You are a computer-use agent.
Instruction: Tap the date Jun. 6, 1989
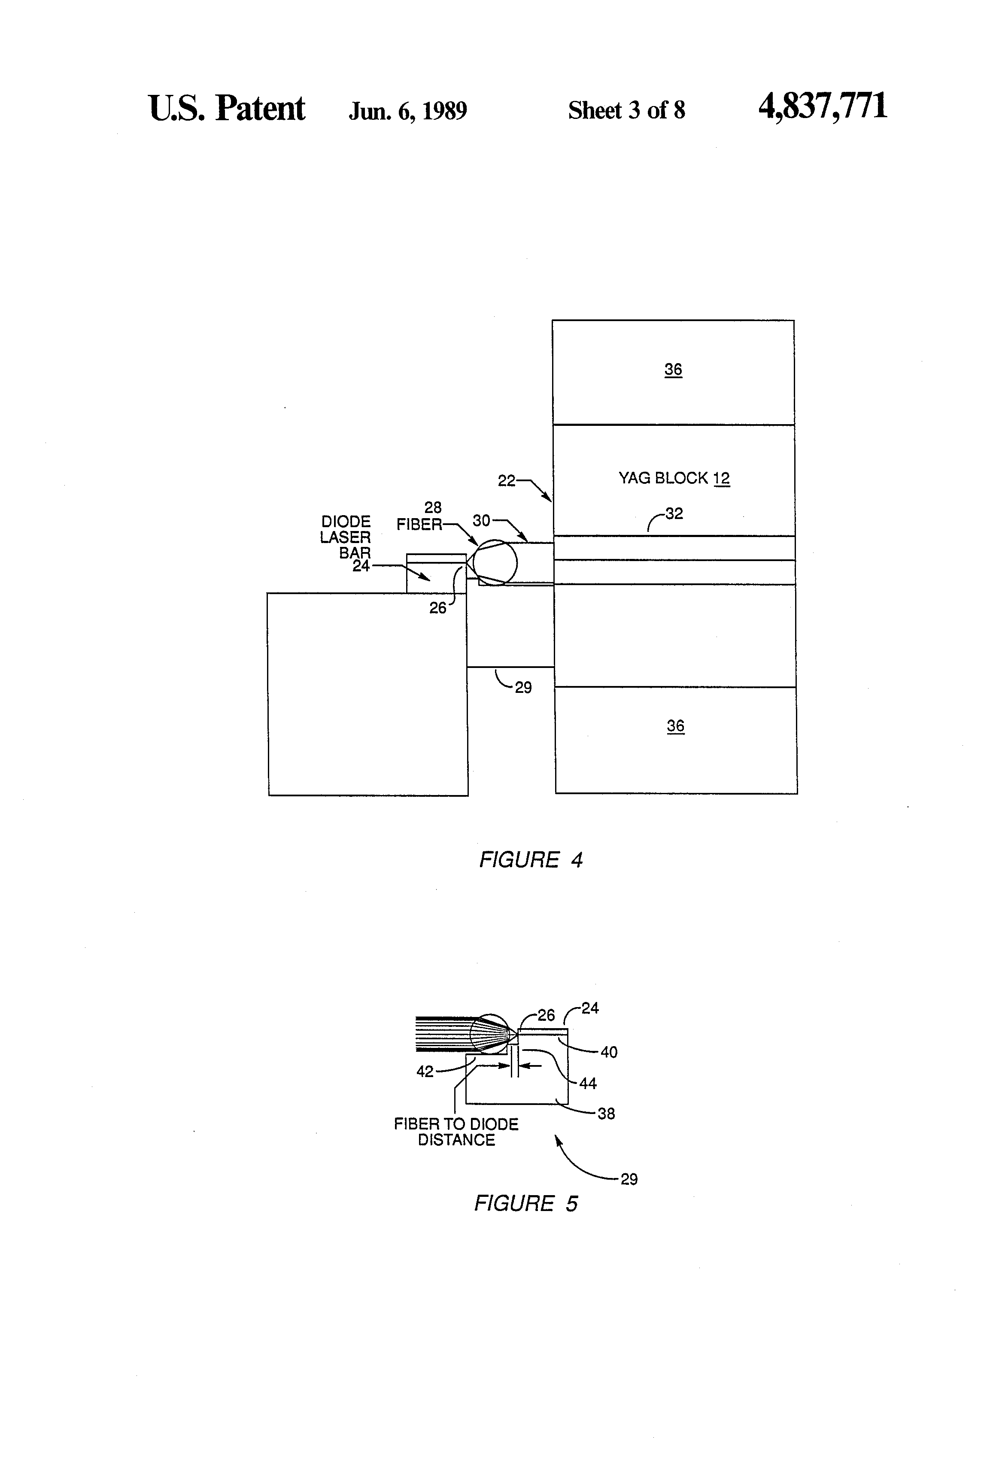pyautogui.click(x=407, y=111)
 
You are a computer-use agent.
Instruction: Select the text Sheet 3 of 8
pyautogui.click(x=626, y=110)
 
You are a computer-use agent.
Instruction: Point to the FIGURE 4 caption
pyautogui.click(x=531, y=859)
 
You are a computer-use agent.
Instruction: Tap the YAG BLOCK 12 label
pyautogui.click(x=674, y=478)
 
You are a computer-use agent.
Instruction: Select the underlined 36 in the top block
pyautogui.click(x=673, y=370)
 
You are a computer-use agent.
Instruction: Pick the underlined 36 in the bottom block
pyautogui.click(x=676, y=726)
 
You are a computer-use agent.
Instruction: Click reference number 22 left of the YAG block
pyautogui.click(x=506, y=481)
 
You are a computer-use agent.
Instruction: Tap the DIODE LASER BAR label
pyautogui.click(x=346, y=537)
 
